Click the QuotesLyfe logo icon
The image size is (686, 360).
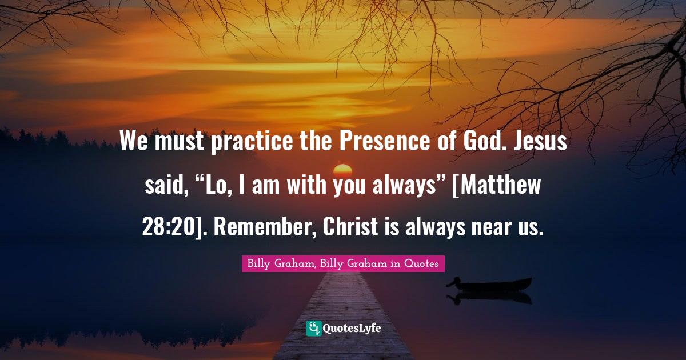313,329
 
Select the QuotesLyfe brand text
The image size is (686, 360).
352,329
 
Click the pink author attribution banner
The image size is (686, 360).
343,263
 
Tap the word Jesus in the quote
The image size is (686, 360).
540,141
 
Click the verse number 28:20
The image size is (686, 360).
169,227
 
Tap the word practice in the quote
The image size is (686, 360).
252,142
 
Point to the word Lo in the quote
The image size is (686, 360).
217,185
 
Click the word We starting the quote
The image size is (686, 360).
134,141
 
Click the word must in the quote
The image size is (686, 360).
179,142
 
